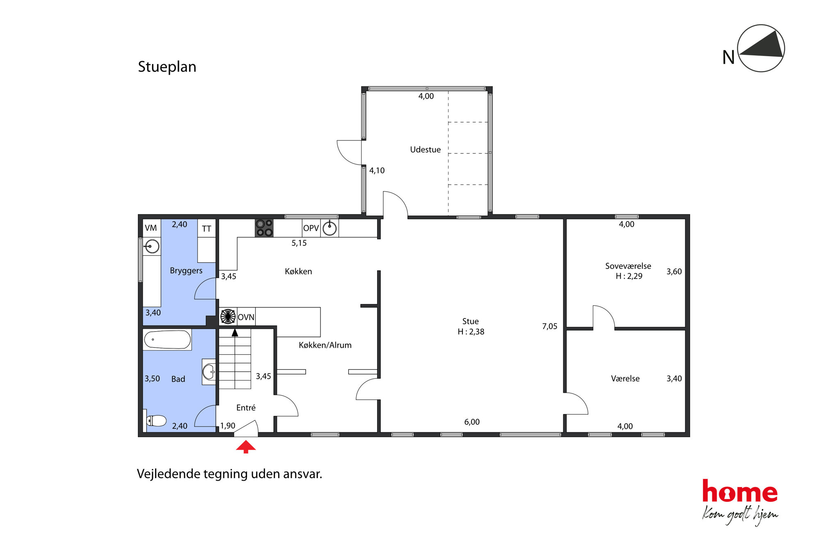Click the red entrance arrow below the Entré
pyautogui.click(x=246, y=447)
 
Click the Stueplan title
pyautogui.click(x=167, y=66)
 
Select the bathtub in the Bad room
pyautogui.click(x=167, y=340)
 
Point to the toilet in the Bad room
pyautogui.click(x=156, y=421)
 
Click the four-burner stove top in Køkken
pyautogui.click(x=264, y=228)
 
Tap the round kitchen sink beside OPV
pyautogui.click(x=329, y=228)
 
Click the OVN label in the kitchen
pyautogui.click(x=246, y=317)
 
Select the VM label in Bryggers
pyautogui.click(x=151, y=228)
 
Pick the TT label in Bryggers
pyautogui.click(x=206, y=229)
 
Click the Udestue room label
pyautogui.click(x=425, y=149)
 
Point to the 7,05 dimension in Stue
pyautogui.click(x=550, y=326)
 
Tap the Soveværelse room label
pyautogui.click(x=628, y=266)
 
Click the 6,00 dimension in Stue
pyautogui.click(x=472, y=422)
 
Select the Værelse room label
pyautogui.click(x=625, y=378)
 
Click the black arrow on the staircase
pyautogui.click(x=235, y=332)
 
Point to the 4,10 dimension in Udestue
pyautogui.click(x=377, y=170)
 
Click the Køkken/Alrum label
pyautogui.click(x=325, y=345)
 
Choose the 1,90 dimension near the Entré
pyautogui.click(x=228, y=426)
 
